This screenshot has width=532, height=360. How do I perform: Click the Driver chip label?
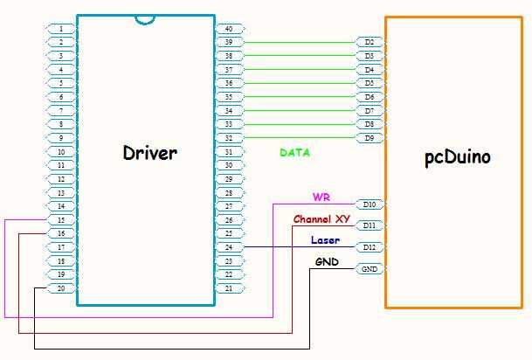(149, 153)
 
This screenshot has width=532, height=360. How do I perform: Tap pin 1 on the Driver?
(60, 28)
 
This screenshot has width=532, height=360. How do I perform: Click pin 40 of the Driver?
(228, 28)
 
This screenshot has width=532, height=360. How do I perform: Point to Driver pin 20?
(60, 288)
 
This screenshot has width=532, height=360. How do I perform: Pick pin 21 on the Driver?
(228, 288)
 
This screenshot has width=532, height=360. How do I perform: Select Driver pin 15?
(60, 220)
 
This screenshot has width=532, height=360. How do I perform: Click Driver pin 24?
(228, 247)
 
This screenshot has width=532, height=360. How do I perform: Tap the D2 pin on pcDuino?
(369, 41)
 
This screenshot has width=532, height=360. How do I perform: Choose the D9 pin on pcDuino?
(369, 138)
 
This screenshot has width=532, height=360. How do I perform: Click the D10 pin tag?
(370, 204)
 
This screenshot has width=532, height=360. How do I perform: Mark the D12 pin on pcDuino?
(370, 247)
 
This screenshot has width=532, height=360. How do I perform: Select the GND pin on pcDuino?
(370, 269)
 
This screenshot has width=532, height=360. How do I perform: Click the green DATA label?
(294, 153)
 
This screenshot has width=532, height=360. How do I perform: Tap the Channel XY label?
(321, 218)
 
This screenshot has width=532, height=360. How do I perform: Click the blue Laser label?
(325, 240)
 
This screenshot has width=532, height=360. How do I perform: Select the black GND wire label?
(327, 262)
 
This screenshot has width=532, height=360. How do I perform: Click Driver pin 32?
(228, 138)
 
